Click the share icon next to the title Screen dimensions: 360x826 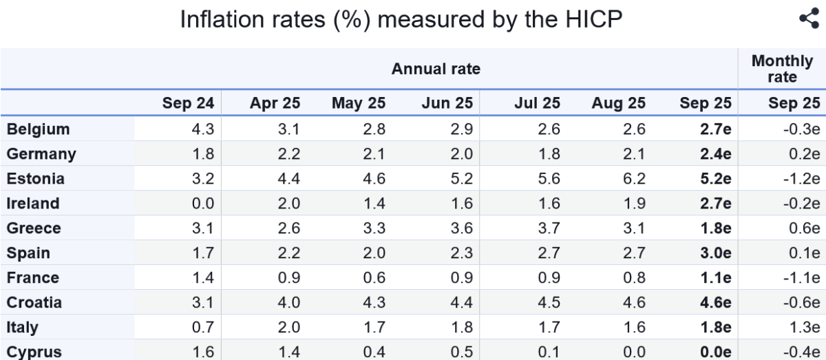pyautogui.click(x=808, y=19)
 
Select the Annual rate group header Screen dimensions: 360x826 pyautogui.click(x=436, y=69)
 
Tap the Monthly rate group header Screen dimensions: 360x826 pyautogui.click(x=782, y=69)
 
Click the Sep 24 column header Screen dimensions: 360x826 pyautogui.click(x=189, y=104)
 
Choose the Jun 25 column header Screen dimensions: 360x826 pyautogui.click(x=447, y=104)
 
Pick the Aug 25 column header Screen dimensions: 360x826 pyautogui.click(x=618, y=104)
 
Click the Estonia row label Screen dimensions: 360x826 pyautogui.click(x=36, y=179)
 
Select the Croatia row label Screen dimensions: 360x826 pyautogui.click(x=34, y=303)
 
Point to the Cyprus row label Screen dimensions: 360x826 pyautogui.click(x=34, y=352)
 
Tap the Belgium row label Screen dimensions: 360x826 pyautogui.click(x=39, y=129)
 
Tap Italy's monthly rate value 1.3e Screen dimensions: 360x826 pyautogui.click(x=805, y=328)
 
